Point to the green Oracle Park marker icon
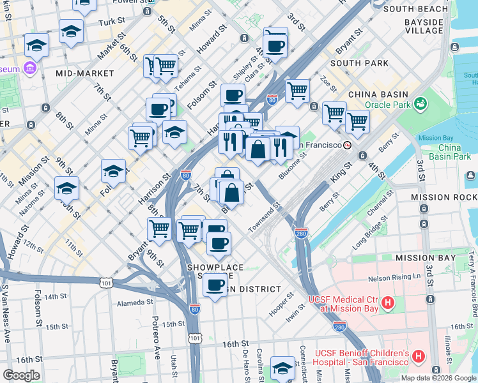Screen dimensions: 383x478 (420, 103)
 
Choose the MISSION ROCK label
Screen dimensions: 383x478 (444, 198)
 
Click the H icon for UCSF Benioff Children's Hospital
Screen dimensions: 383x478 (419, 356)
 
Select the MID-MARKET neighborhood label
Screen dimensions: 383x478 (84, 73)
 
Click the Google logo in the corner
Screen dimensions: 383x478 (21, 375)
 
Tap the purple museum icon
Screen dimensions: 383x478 (29, 68)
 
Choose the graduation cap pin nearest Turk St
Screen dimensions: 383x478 (71, 31)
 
